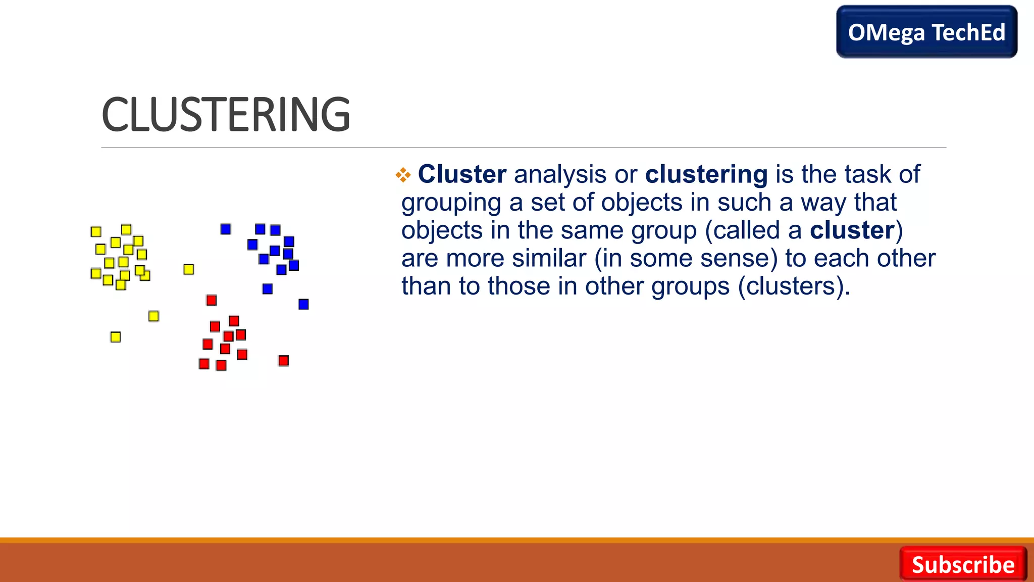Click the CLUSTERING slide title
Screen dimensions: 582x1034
point(226,115)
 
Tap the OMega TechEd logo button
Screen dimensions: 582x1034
point(926,32)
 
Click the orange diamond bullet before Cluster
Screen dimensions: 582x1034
point(403,175)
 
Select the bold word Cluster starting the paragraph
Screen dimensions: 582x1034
point(462,174)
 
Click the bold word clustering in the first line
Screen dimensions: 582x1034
point(706,174)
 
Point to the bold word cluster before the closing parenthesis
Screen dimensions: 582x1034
point(852,230)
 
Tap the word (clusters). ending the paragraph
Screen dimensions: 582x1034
point(794,286)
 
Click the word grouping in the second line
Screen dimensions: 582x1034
point(451,203)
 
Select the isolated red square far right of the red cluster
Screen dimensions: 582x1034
point(283,361)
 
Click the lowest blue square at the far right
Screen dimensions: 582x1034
point(303,304)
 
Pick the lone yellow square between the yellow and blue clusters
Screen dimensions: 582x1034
point(189,269)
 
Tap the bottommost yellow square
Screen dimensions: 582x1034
point(116,337)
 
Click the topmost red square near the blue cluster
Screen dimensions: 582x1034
point(212,301)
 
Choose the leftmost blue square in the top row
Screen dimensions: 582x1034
point(226,229)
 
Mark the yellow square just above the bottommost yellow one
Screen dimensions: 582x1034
point(154,316)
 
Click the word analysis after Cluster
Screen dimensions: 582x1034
point(560,174)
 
